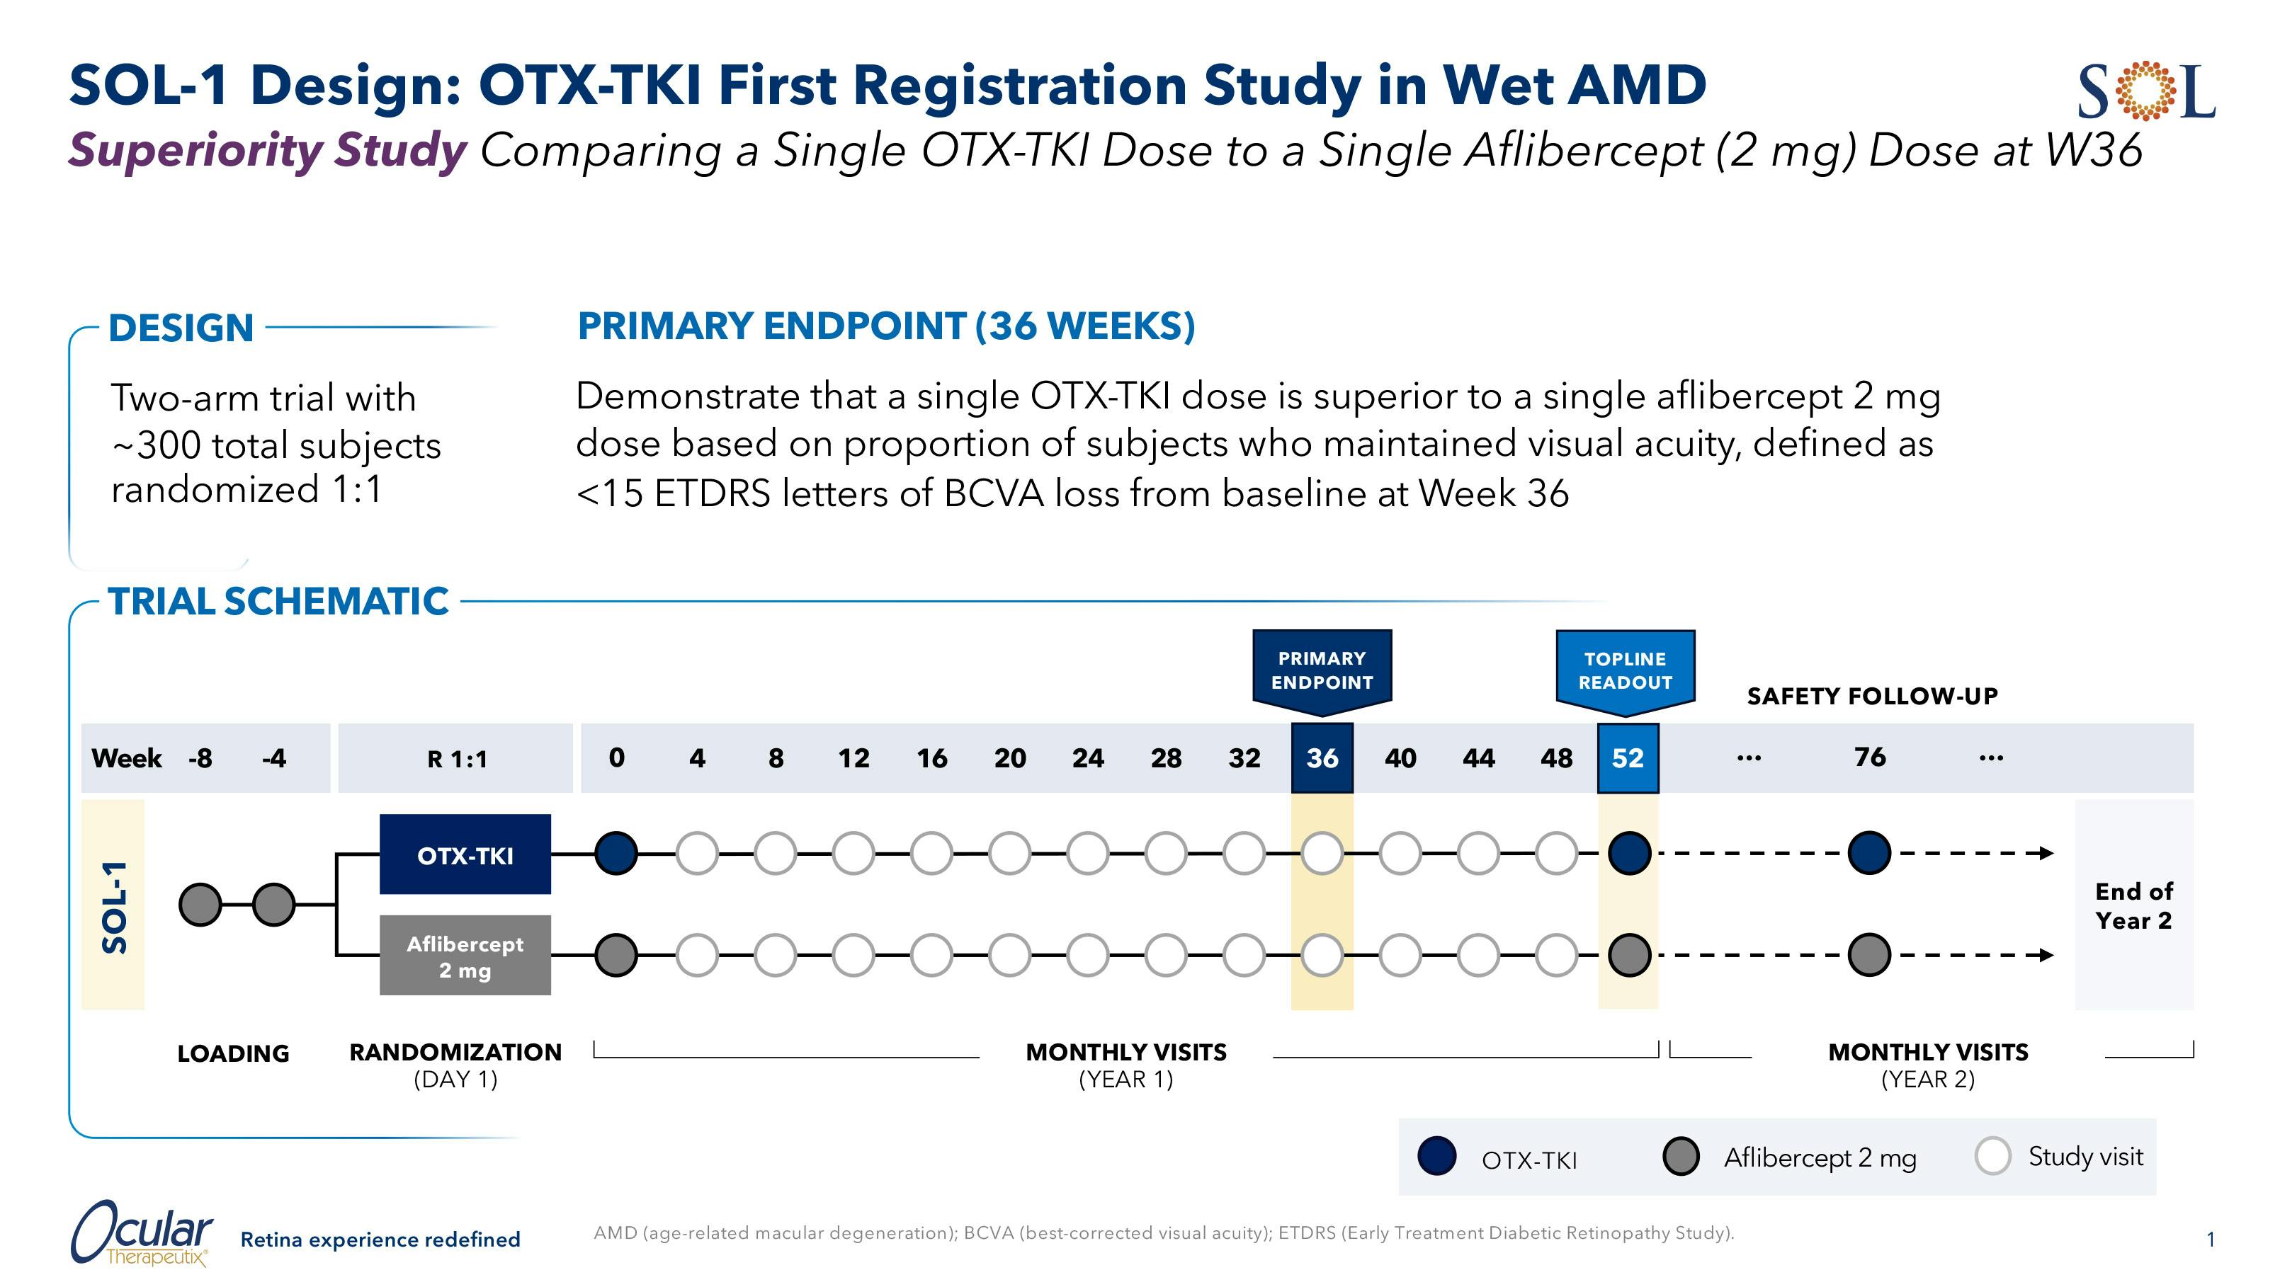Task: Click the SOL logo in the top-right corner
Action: point(2146,91)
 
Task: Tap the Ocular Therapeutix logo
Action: point(142,1233)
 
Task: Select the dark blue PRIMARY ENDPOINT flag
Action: point(1322,670)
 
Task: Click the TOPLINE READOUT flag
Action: point(1625,670)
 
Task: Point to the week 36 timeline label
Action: point(1322,758)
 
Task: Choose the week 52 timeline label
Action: point(1628,758)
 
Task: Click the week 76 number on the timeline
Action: point(1869,757)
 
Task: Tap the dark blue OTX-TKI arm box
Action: point(465,854)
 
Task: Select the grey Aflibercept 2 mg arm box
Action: point(465,956)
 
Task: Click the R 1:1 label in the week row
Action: point(457,759)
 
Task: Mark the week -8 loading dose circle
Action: point(200,904)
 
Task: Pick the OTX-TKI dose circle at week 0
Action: point(616,854)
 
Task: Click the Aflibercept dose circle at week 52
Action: point(1628,956)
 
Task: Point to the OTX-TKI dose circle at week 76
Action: point(1869,854)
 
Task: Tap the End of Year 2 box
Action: point(2133,905)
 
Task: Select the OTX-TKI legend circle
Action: point(1436,1157)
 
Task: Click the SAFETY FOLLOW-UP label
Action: point(1872,697)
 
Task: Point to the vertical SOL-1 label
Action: point(114,906)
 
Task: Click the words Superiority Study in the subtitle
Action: point(267,149)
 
